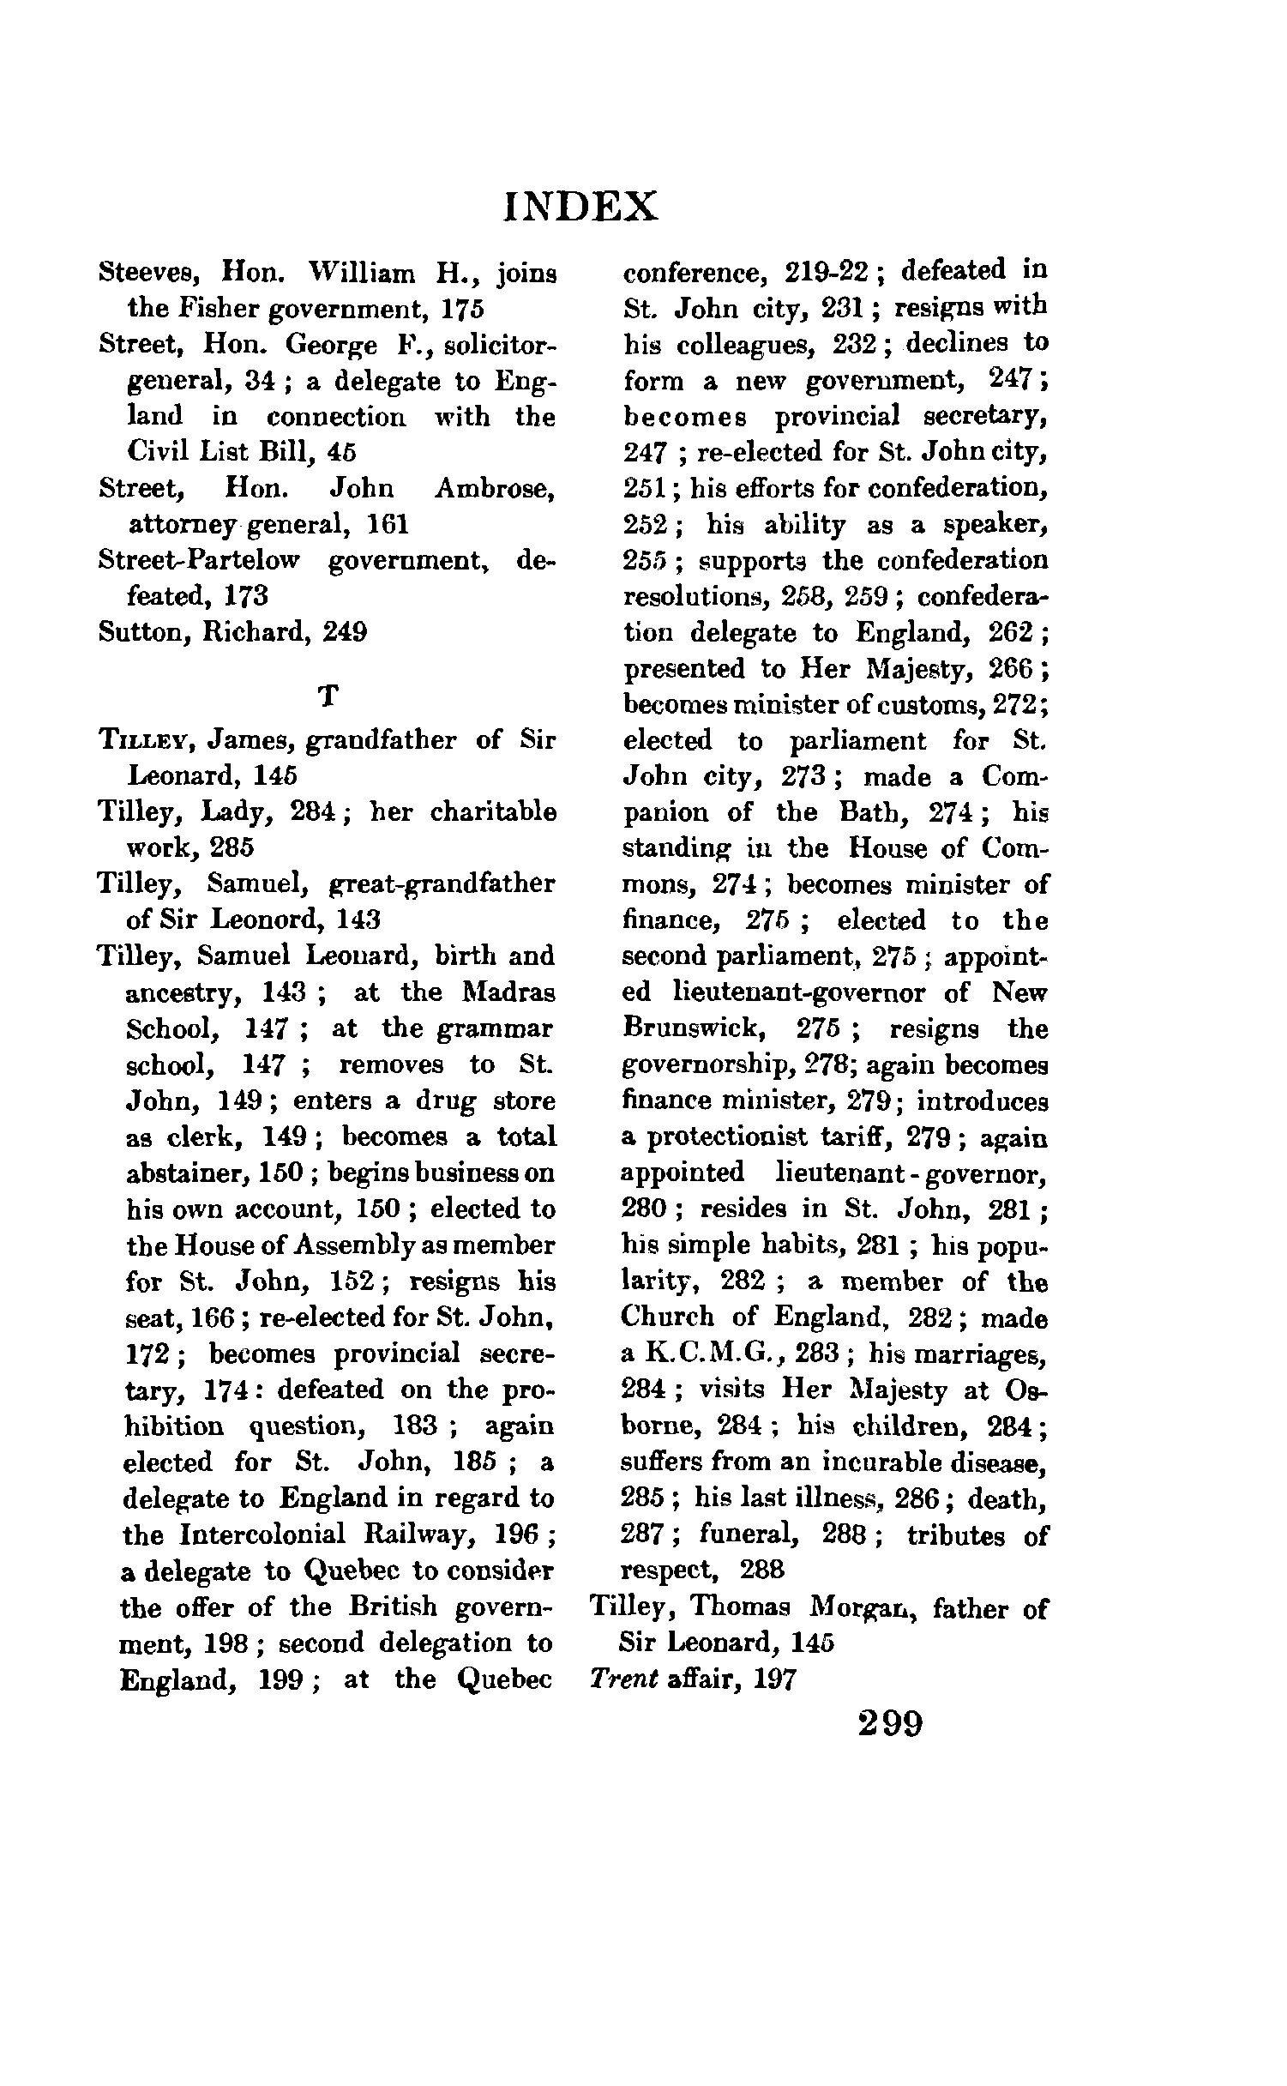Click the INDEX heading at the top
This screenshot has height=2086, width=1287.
click(581, 207)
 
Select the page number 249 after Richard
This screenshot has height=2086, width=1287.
click(345, 632)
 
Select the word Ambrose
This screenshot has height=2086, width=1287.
click(496, 489)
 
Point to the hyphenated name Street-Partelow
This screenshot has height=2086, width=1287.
click(199, 560)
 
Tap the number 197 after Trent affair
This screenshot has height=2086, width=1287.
click(774, 1679)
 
